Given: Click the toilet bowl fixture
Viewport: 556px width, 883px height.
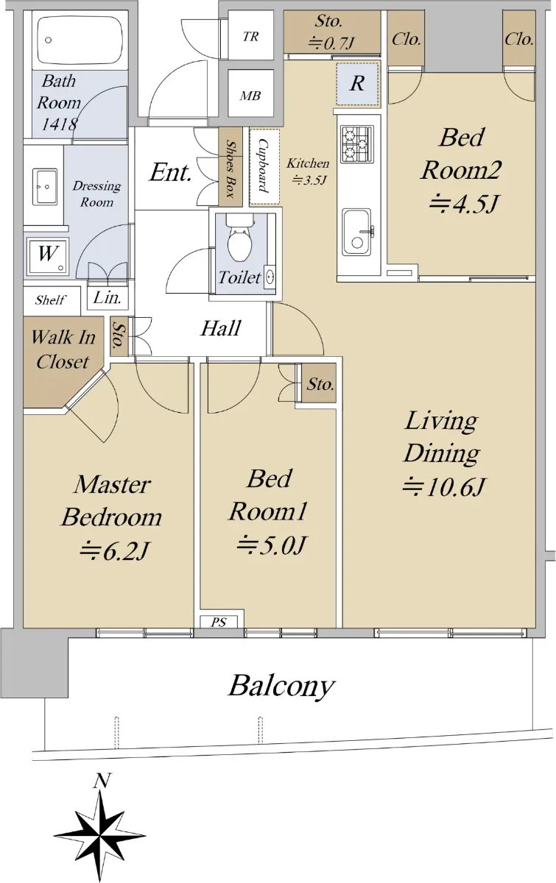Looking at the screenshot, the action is [x=239, y=238].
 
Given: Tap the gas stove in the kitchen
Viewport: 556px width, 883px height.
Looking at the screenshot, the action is [x=356, y=144].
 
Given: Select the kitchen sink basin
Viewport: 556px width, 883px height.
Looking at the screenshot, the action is [x=357, y=233].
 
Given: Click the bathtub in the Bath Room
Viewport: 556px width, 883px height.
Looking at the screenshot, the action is [x=80, y=40].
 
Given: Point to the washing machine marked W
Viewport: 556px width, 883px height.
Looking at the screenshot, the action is [x=47, y=256].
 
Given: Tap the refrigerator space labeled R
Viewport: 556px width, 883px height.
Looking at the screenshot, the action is [x=357, y=84].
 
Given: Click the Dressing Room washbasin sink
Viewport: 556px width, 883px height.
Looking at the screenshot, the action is [x=44, y=186].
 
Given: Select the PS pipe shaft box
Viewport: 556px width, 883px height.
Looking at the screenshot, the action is [x=219, y=622].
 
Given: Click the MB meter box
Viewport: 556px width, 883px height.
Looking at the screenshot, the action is [x=251, y=95].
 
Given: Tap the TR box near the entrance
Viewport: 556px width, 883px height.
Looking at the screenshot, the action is [x=251, y=37].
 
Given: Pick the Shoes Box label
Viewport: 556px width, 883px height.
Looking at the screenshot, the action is [x=230, y=169].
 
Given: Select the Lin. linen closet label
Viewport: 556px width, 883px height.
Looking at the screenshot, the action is [x=107, y=297].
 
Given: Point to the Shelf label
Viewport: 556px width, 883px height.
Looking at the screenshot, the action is [x=50, y=300].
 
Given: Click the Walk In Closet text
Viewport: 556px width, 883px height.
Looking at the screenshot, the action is [x=63, y=350].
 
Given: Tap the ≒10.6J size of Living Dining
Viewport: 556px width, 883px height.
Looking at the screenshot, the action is [x=443, y=487].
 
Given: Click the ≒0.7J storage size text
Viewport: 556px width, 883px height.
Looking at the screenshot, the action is [x=331, y=43].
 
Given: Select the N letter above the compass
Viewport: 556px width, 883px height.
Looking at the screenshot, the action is [x=102, y=780].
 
